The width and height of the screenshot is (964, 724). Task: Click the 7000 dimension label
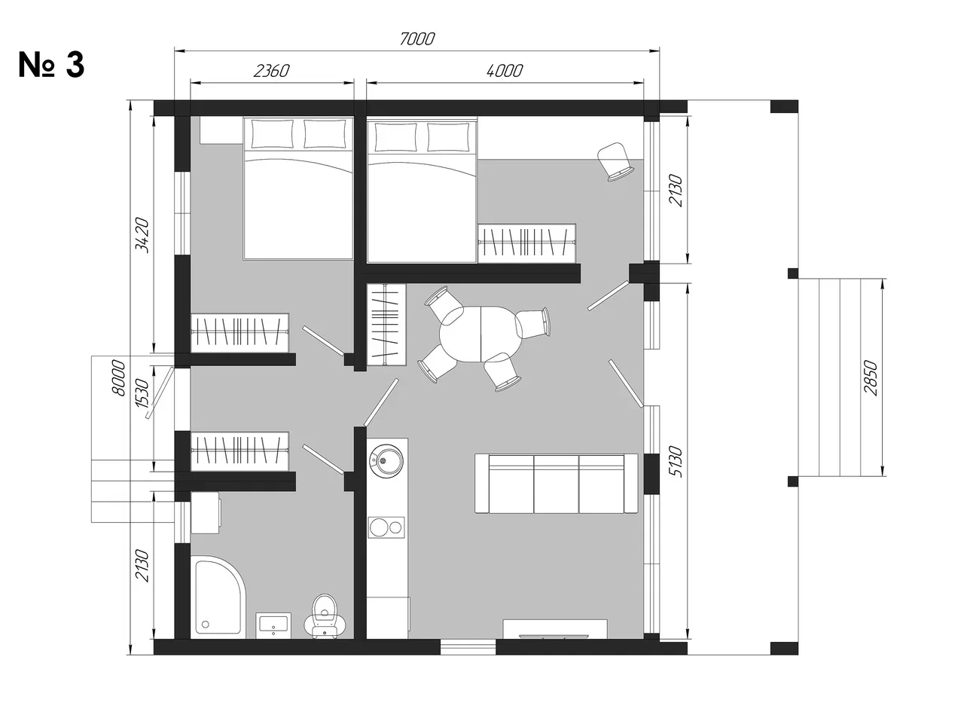click(416, 39)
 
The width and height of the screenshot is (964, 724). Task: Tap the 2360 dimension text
click(271, 71)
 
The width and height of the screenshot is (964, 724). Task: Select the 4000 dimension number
click(505, 71)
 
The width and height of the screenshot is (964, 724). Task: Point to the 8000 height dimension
click(119, 377)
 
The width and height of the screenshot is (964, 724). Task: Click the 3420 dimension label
click(142, 235)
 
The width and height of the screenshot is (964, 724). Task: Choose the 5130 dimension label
click(676, 461)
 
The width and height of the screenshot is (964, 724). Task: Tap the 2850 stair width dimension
click(871, 377)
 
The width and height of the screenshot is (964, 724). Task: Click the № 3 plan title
click(51, 65)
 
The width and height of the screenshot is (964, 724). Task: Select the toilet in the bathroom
click(325, 617)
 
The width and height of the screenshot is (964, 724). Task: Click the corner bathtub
click(217, 597)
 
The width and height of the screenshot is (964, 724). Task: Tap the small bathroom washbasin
click(273, 625)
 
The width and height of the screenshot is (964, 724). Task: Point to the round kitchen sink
click(386, 460)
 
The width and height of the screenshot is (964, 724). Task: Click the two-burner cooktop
click(386, 527)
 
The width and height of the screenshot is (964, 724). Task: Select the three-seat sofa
click(557, 484)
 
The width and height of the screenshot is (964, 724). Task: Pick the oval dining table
click(481, 335)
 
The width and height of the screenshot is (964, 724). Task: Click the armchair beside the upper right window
click(615, 161)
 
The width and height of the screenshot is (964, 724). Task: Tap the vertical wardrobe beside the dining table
click(386, 325)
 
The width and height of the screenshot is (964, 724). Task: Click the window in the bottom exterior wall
click(468, 647)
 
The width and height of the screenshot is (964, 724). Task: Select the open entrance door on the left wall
click(160, 393)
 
